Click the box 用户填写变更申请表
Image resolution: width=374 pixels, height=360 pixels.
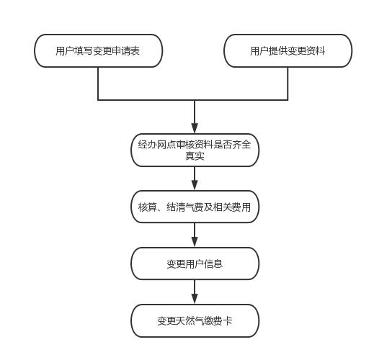click(99, 50)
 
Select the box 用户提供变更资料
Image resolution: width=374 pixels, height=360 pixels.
click(288, 50)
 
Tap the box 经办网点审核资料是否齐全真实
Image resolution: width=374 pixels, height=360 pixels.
click(195, 150)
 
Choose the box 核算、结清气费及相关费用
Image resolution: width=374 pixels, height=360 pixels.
click(195, 207)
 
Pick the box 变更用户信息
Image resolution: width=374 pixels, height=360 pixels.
click(195, 264)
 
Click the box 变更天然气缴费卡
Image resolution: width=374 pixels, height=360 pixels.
click(195, 320)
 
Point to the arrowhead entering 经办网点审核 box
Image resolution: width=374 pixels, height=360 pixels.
click(195, 128)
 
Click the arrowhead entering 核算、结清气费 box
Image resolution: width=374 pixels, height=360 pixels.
click(195, 185)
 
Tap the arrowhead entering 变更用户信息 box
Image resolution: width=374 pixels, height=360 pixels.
click(195, 242)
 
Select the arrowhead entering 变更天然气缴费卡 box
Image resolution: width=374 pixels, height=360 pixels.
click(195, 299)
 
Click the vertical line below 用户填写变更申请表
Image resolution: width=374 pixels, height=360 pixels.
click(98, 84)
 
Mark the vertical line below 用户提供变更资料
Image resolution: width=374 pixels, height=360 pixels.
click(288, 84)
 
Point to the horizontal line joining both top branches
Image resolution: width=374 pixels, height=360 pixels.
click(193, 99)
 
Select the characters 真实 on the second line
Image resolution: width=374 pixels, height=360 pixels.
click(195, 156)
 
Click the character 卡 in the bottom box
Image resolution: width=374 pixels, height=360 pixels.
click(228, 321)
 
